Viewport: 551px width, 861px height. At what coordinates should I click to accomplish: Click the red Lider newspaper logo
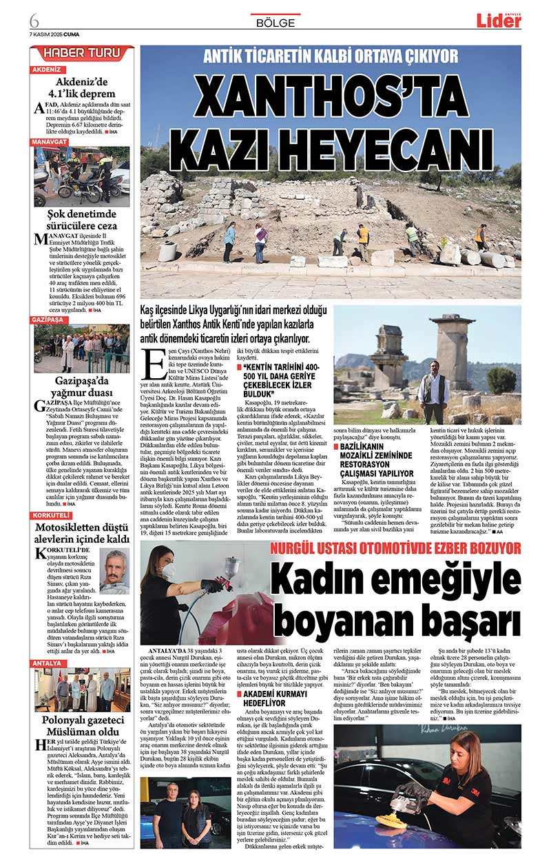tap(499, 21)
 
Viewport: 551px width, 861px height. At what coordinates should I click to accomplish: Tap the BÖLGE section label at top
tap(275, 23)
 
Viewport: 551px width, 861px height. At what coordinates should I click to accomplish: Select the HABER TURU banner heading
tap(82, 53)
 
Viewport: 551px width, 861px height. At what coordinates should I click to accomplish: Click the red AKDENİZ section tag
tap(47, 70)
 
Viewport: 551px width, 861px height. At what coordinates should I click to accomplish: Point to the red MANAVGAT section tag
tap(50, 142)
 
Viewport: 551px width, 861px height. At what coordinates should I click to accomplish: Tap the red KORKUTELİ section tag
tap(52, 516)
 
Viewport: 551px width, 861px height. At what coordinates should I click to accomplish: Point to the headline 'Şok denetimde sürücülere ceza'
tap(82, 219)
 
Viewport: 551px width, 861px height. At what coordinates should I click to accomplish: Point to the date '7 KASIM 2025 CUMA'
tap(55, 32)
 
